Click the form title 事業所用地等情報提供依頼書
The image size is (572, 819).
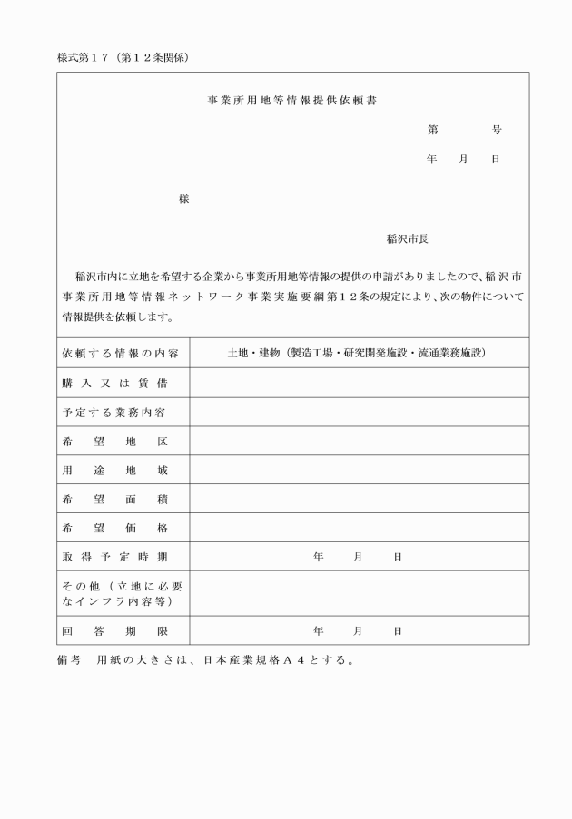tap(292, 101)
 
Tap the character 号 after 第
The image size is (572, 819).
tap(497, 131)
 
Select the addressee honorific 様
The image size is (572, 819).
tap(183, 199)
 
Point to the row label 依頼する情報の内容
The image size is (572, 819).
tap(121, 353)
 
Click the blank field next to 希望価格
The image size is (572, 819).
tap(359, 528)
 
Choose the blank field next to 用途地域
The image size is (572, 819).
tap(359, 470)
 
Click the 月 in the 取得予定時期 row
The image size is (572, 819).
tap(358, 557)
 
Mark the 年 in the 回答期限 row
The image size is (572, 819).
tap(318, 630)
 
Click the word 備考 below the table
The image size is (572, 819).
tap(69, 659)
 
